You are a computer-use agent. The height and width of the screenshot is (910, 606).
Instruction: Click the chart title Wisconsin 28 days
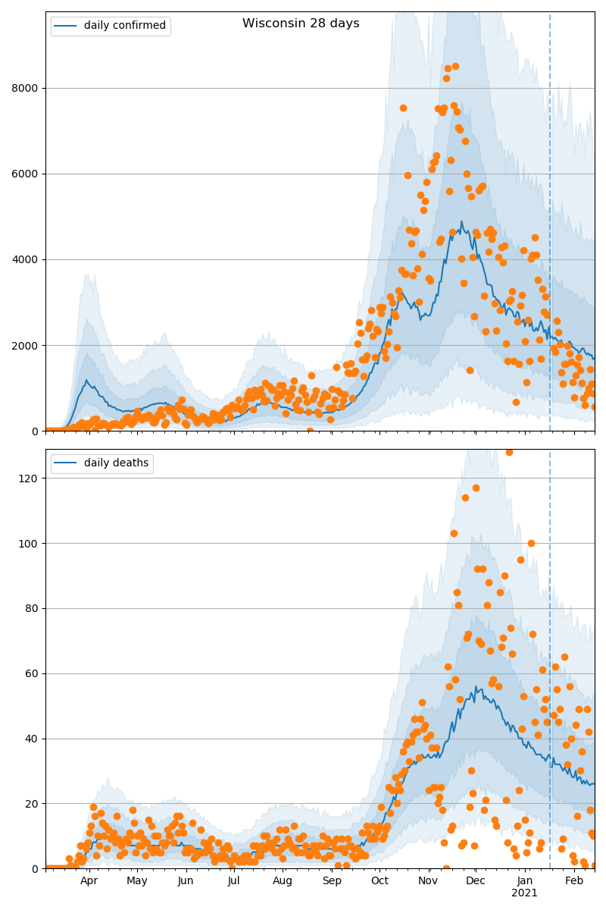pyautogui.click(x=301, y=24)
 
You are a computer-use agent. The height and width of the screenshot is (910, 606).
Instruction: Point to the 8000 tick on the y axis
pyautogui.click(x=25, y=88)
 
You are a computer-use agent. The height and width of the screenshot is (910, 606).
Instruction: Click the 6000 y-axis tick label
pyautogui.click(x=25, y=174)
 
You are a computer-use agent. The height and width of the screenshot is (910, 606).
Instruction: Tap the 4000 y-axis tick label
pyautogui.click(x=25, y=259)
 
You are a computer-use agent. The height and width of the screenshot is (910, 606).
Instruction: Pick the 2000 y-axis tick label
pyautogui.click(x=25, y=346)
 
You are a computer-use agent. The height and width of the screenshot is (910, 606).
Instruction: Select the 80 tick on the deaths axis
pyautogui.click(x=31, y=608)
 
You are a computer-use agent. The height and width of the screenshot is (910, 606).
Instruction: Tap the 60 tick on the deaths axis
pyautogui.click(x=31, y=673)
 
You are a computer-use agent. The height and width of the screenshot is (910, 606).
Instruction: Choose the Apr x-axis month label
pyautogui.click(x=89, y=880)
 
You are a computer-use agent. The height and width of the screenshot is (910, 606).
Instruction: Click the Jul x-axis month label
pyautogui.click(x=234, y=880)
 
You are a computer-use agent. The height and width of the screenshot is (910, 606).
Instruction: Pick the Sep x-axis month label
pyautogui.click(x=332, y=880)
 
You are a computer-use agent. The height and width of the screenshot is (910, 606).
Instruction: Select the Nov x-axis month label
pyautogui.click(x=428, y=880)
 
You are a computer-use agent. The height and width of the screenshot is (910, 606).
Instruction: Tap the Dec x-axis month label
pyautogui.click(x=476, y=880)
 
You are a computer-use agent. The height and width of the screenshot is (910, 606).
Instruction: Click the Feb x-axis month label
pyautogui.click(x=574, y=880)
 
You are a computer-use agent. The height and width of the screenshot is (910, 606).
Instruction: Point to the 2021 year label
pyautogui.click(x=524, y=893)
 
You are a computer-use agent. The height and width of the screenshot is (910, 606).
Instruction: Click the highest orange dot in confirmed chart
pyautogui.click(x=455, y=67)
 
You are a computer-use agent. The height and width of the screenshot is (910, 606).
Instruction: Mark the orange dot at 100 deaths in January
pyautogui.click(x=531, y=543)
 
